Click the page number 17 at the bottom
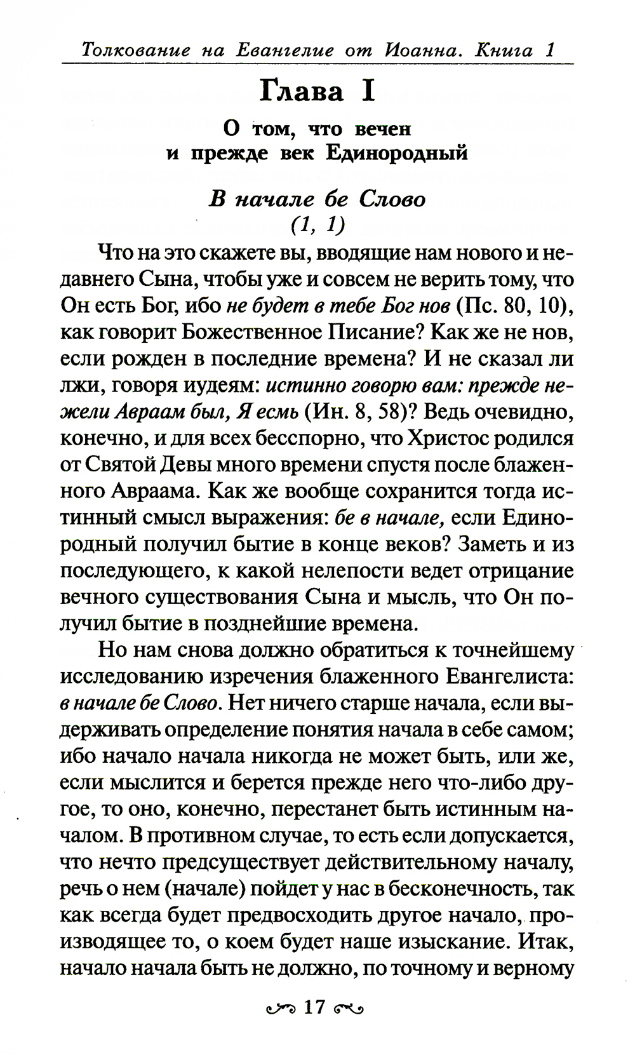point(314,1007)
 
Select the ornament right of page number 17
point(349,1008)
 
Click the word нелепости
point(334,572)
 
